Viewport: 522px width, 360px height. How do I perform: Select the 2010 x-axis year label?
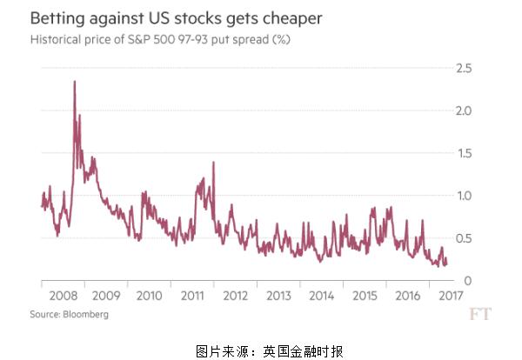(150, 297)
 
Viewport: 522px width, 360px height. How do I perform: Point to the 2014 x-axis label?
(322, 297)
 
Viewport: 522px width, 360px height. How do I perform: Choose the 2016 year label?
(407, 297)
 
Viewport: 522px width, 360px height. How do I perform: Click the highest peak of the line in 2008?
(75, 82)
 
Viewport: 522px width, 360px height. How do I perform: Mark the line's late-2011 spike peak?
(202, 178)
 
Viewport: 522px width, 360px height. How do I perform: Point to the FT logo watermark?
(479, 313)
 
